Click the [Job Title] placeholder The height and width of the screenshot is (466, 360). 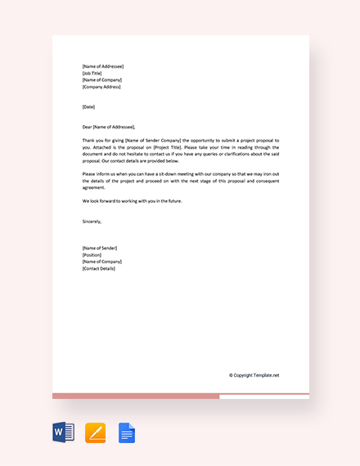click(92, 73)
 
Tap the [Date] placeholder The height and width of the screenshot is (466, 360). click(88, 107)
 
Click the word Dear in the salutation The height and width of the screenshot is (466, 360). click(87, 127)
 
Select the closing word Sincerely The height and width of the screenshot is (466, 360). click(92, 221)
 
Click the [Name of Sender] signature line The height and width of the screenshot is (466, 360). click(100, 248)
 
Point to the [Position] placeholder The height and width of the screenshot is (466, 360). click(92, 254)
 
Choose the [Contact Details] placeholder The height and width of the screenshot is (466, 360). click(99, 268)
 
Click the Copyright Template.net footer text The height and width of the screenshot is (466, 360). click(254, 375)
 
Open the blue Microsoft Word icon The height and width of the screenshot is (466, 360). click(64, 432)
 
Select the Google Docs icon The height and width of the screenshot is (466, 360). click(127, 432)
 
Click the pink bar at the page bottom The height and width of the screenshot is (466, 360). click(135, 397)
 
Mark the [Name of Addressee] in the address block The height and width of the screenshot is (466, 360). click(103, 66)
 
